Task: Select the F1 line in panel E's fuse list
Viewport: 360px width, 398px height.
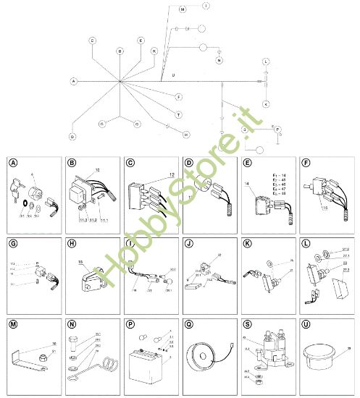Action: [x=279, y=177]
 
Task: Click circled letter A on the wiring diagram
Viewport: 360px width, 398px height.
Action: [x=73, y=81]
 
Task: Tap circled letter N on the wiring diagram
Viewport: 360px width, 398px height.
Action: [x=218, y=61]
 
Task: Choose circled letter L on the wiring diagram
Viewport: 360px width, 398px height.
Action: [x=266, y=62]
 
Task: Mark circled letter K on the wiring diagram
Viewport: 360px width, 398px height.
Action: [x=266, y=104]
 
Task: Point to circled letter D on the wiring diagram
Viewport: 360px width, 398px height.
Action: [x=72, y=136]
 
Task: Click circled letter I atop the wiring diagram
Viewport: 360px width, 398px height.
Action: [x=206, y=6]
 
